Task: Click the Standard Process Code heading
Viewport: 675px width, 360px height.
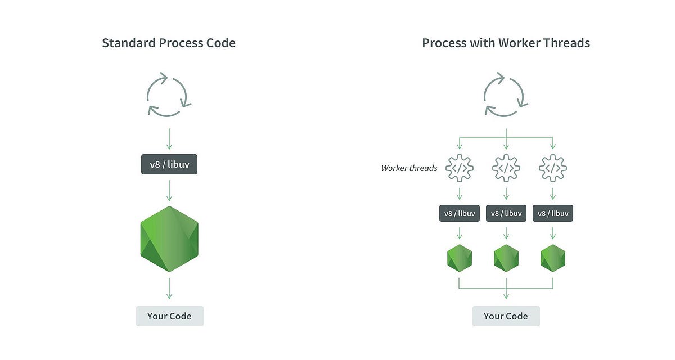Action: click(169, 43)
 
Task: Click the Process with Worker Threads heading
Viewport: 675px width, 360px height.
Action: click(506, 43)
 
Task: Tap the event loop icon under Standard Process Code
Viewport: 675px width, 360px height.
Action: click(169, 94)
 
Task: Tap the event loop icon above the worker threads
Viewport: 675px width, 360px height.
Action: click(506, 94)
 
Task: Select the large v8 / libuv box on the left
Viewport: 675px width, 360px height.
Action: click(169, 165)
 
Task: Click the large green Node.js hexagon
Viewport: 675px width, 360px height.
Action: click(169, 239)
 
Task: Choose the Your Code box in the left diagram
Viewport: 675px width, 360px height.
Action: click(169, 316)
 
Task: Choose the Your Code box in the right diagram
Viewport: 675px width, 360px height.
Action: click(506, 316)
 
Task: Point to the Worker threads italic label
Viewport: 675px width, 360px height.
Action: click(409, 168)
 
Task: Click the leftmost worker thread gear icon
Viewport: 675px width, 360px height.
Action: click(460, 168)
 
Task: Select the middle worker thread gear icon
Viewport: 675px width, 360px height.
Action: click(506, 168)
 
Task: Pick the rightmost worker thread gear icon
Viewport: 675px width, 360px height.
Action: click(553, 168)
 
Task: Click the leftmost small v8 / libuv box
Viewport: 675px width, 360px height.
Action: click(460, 213)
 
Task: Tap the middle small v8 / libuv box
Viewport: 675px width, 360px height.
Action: click(506, 213)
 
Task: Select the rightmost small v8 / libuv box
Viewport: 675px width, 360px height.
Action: click(553, 213)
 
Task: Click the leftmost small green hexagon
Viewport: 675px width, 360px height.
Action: click(460, 258)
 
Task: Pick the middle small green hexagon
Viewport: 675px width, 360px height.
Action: click(506, 258)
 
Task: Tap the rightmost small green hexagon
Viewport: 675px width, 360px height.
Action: click(553, 258)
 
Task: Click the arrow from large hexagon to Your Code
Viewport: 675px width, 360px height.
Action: click(169, 287)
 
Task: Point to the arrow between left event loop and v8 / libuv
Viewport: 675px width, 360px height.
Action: click(169, 138)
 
